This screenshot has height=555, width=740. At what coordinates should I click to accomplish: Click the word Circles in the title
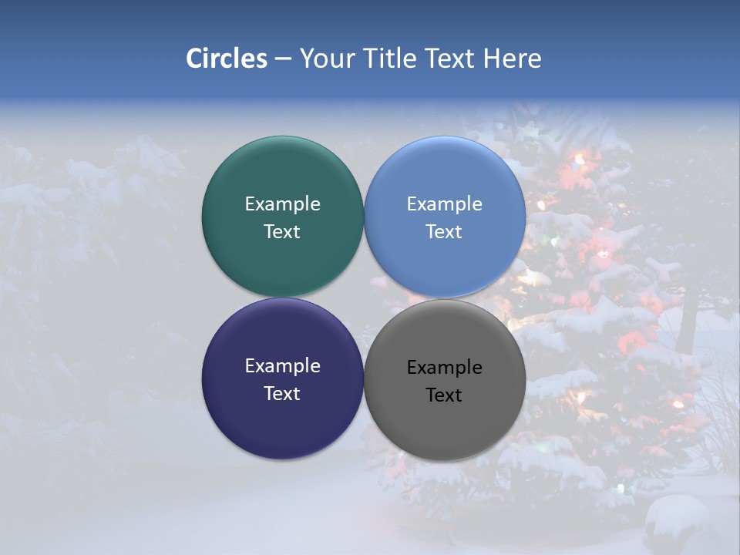(x=226, y=59)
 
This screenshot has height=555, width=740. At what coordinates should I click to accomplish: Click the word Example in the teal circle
(x=282, y=204)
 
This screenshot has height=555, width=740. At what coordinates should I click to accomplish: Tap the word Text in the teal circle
(x=282, y=232)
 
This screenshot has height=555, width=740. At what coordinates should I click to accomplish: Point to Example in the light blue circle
(x=445, y=204)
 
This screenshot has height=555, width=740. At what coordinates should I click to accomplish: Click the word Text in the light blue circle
(x=445, y=232)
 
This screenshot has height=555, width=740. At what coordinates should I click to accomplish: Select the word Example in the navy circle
(x=282, y=366)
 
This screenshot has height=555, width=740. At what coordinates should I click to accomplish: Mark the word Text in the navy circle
(x=282, y=394)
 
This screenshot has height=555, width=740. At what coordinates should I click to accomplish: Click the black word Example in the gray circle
(x=445, y=368)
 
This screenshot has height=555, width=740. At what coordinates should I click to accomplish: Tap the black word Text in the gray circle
(x=445, y=395)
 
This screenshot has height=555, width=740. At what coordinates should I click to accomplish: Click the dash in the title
(x=282, y=59)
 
